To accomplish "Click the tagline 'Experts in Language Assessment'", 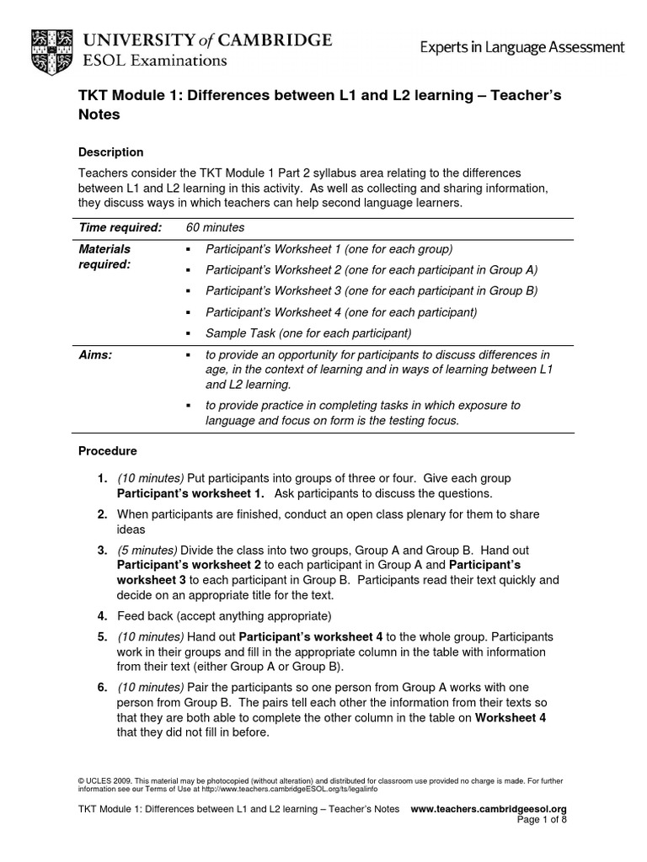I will (x=522, y=48).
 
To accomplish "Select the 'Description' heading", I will (x=110, y=152).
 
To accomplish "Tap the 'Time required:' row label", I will (x=120, y=227).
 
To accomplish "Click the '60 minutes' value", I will (x=214, y=227).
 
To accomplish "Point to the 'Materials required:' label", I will (x=104, y=256).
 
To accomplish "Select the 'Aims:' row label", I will (x=95, y=355).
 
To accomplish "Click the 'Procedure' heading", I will (x=107, y=451).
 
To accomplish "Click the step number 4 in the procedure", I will (x=101, y=615).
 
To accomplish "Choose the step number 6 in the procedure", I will (x=101, y=687).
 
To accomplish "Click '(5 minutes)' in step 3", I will (x=147, y=550).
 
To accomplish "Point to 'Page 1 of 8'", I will (x=542, y=820).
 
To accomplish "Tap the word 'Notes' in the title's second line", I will (x=99, y=115).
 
